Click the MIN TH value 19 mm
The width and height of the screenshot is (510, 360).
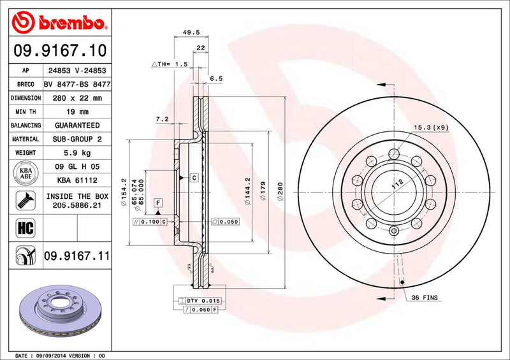pyautogui.click(x=77, y=112)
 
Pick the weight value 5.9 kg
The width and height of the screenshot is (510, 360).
pyautogui.click(x=77, y=153)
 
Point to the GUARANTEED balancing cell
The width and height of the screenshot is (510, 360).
pyautogui.click(x=77, y=126)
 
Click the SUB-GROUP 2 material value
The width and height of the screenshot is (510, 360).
pyautogui.click(x=77, y=139)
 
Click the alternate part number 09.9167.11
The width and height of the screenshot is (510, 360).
pyautogui.click(x=77, y=256)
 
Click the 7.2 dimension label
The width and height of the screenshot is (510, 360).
pyautogui.click(x=162, y=119)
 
